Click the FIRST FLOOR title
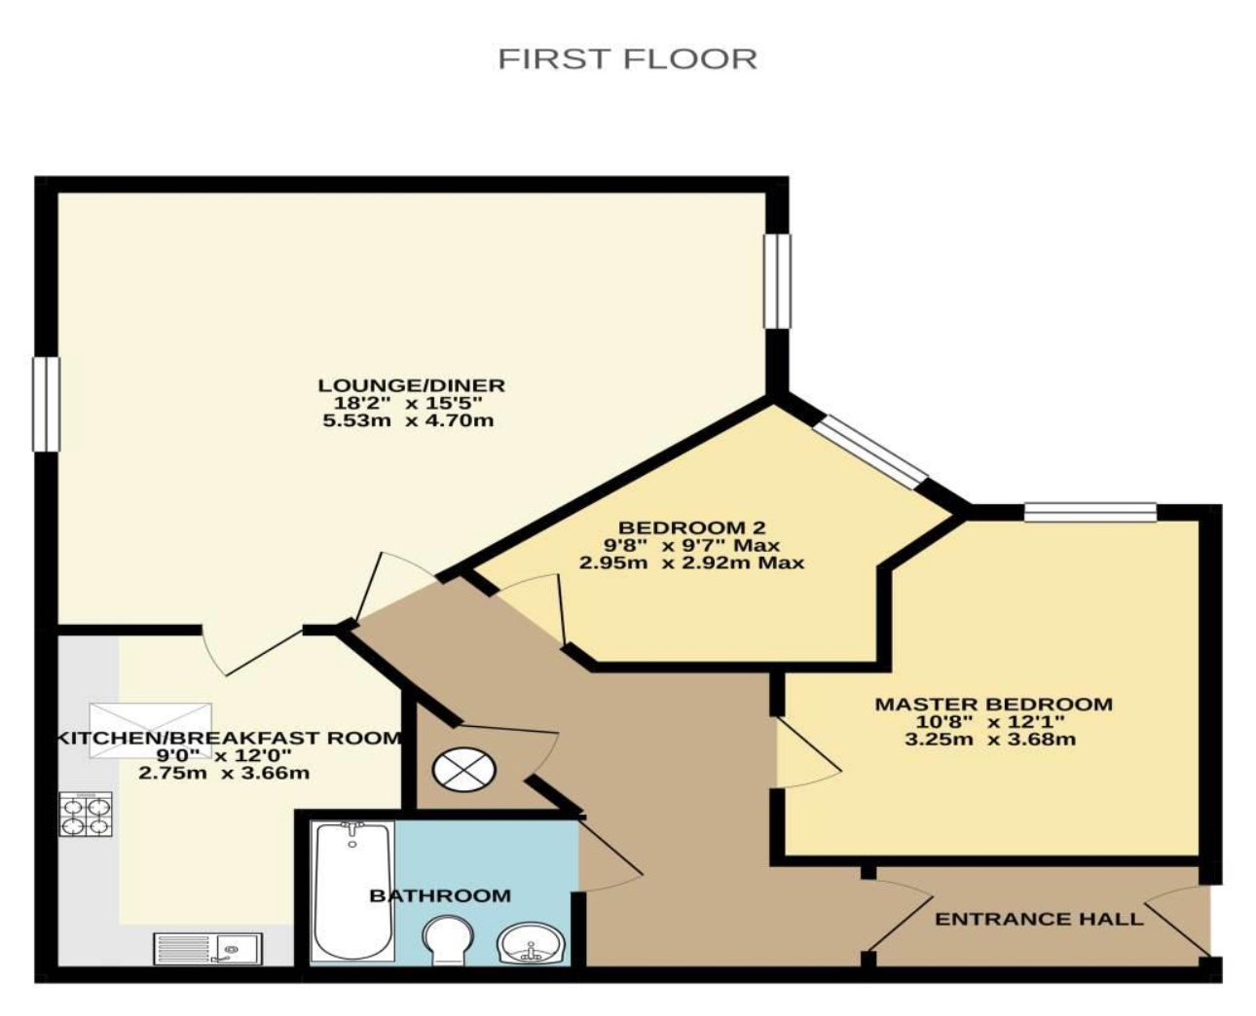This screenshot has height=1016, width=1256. [627, 59]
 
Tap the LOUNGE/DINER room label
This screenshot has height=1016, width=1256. [411, 385]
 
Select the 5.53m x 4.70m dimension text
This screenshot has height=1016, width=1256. [408, 420]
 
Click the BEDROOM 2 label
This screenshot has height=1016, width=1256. [691, 526]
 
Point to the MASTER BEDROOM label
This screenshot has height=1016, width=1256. [993, 705]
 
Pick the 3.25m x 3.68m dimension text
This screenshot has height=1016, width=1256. [990, 739]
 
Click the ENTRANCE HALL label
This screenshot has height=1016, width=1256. [1039, 919]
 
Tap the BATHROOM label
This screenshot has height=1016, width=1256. [440, 895]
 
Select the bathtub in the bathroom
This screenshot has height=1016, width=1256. [352, 891]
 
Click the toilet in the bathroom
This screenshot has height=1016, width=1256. [448, 939]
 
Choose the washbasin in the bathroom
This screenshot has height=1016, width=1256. [532, 943]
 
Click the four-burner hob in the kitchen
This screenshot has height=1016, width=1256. [86, 815]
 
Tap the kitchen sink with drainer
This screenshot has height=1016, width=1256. [208, 949]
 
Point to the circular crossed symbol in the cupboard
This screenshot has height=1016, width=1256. [464, 770]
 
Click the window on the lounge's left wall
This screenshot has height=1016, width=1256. [46, 404]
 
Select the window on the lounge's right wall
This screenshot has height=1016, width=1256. [777, 281]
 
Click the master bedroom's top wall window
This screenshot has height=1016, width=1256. [1090, 512]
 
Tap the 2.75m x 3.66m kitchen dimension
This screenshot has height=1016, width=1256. [224, 773]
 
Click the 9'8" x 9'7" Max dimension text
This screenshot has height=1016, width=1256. [691, 545]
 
